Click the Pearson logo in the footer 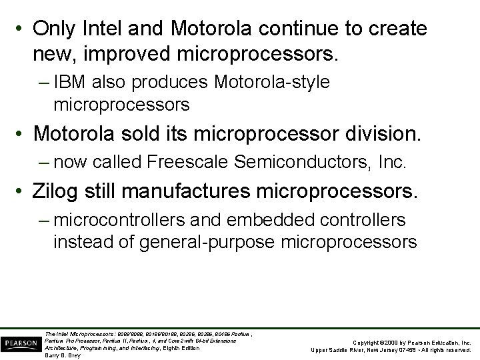(x=21, y=343)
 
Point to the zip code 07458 (x=405, y=350)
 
